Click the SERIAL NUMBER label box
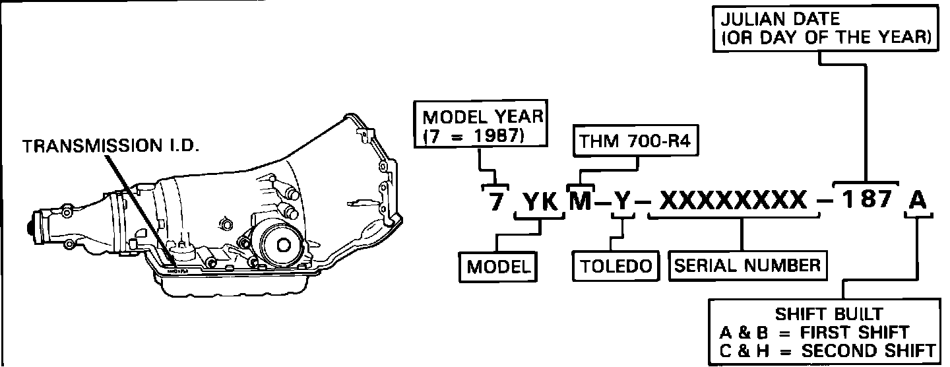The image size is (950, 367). [747, 265]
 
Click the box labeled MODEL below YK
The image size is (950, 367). [499, 267]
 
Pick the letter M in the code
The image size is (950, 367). [581, 200]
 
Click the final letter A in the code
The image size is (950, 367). [918, 200]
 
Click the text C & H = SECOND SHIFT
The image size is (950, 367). [828, 351]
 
